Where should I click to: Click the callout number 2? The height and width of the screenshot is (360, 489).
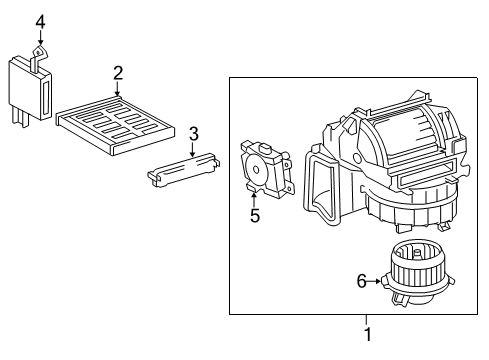coord(118,72)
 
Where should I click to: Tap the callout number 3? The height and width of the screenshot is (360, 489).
coord(194,132)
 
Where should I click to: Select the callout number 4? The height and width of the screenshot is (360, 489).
coord(40,21)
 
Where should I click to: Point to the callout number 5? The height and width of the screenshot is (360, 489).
coord(254,215)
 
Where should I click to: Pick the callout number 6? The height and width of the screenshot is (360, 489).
coord(362,283)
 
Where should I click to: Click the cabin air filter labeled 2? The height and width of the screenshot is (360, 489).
coord(118,118)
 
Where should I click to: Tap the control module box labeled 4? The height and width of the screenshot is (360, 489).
coord(31,90)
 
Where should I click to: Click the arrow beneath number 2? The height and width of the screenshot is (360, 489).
coord(118,89)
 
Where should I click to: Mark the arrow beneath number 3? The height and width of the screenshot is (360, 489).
coord(194,149)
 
